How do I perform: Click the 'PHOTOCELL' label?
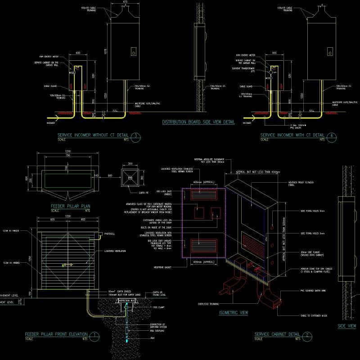pyautogui.click(x=110, y=234)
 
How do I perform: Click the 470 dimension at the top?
pyautogui.click(x=125, y=3)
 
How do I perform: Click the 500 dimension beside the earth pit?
pyautogui.click(x=109, y=175)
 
